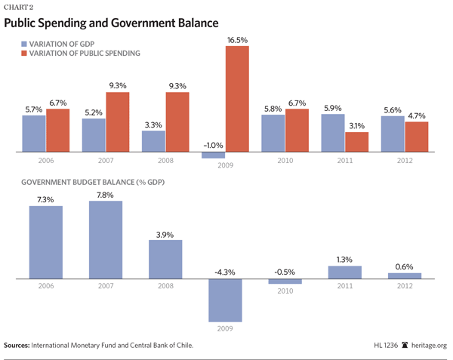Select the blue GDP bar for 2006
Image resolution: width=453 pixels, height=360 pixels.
coord(33,133)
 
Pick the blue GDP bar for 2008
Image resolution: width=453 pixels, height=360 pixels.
coord(153,141)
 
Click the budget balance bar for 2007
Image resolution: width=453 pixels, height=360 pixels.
coord(105,240)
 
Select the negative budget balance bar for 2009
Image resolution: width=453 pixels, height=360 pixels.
coord(225,300)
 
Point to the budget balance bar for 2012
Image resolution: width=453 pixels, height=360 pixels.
coord(405,275)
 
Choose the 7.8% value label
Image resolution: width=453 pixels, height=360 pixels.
coord(105,195)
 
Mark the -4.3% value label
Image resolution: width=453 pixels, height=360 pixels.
coord(225,270)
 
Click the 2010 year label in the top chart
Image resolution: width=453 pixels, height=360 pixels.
coord(285,162)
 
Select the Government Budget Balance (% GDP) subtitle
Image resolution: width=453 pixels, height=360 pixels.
coord(94,183)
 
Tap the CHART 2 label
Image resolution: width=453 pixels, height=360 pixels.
coord(20,7)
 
